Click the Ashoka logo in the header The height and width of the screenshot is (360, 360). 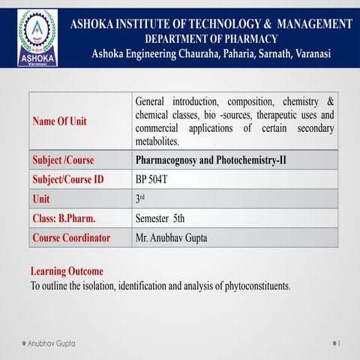coord(36,37)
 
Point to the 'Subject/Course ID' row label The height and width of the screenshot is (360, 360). coord(67,180)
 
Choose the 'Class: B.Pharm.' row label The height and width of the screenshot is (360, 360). coord(63,219)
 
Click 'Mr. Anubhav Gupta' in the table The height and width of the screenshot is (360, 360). coord(172,238)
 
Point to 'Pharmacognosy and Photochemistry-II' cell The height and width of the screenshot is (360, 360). coord(211,160)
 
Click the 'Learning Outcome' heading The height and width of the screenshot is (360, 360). coord(67,271)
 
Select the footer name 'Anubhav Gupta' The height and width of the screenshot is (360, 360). coord(51,343)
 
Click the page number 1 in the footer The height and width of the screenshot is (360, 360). coord(339,343)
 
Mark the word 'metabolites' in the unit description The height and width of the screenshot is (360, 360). coord(157,141)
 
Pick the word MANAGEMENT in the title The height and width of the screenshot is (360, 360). coord(307,24)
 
